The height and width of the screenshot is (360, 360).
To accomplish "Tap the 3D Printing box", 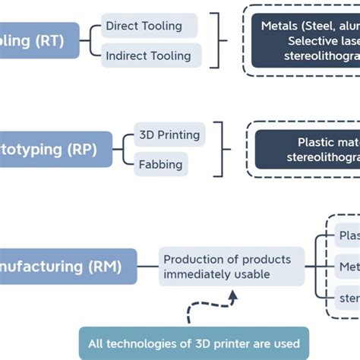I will click(169, 135).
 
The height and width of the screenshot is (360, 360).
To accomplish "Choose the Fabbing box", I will click(160, 163).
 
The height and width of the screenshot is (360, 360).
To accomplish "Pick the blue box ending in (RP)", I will click(54, 149).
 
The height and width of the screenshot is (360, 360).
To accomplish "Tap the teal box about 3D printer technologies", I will click(194, 343).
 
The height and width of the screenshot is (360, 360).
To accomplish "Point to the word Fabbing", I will click(160, 163).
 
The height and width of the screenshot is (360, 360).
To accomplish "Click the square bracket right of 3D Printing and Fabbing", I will click(220, 150).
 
